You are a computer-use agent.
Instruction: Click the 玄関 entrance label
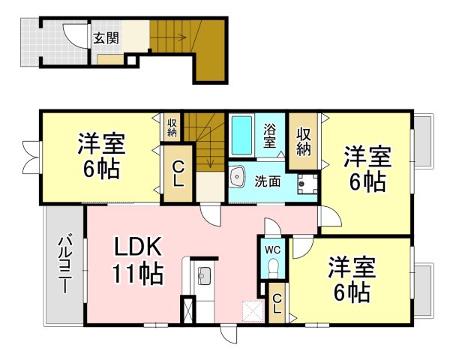[x=106, y=37]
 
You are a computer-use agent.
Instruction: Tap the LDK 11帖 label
[x=137, y=260]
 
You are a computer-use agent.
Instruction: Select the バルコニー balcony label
[x=64, y=264]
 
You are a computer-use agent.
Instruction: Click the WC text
[x=273, y=250]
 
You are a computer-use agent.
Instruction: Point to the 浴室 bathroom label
[x=269, y=136]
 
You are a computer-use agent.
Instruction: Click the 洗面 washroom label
[x=267, y=181]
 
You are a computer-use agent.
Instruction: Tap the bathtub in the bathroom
[x=241, y=135]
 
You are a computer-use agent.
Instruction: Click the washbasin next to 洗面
[x=238, y=176]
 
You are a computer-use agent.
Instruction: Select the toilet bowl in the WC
[x=273, y=267]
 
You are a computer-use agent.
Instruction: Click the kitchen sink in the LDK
[x=205, y=274]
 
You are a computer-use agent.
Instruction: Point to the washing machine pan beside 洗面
[x=307, y=183]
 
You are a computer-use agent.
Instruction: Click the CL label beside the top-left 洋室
[x=178, y=174]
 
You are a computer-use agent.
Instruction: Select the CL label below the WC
[x=277, y=303]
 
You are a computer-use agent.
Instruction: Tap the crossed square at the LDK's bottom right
[x=253, y=311]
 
